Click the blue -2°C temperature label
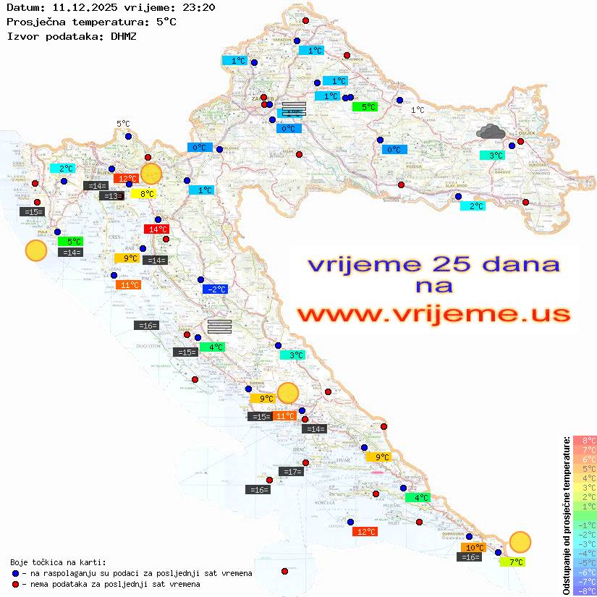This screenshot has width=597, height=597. coord(216,289)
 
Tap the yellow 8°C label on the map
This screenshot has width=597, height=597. coord(143,194)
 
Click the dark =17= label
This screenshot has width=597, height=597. coord(290,472)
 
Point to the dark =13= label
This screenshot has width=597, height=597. coord(111,196)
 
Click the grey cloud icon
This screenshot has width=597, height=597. coord(491,132)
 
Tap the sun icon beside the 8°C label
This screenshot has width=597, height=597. coord(151,174)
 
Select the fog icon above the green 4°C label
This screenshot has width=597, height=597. coord(219,326)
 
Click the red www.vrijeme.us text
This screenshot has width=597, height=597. coord(433,314)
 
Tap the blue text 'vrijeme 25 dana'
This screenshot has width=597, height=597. coord(433,264)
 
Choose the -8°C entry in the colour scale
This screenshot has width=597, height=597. coord(584,590)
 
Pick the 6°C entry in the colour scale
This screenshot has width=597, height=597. coord(584,459)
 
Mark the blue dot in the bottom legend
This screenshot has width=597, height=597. coord(15,573)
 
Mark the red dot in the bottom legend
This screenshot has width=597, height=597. coord(15,584)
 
